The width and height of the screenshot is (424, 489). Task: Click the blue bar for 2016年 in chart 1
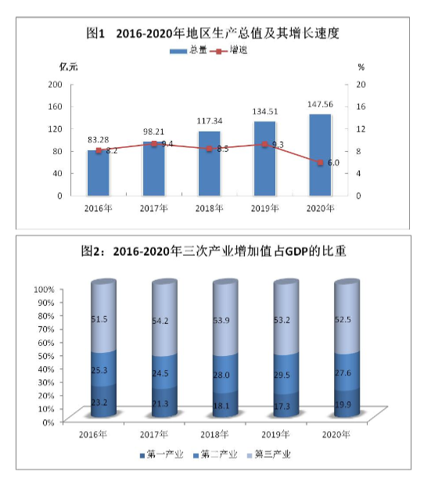(99, 172)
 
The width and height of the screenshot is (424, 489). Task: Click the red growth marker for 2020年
(321, 162)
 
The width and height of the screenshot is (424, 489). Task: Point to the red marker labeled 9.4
(154, 144)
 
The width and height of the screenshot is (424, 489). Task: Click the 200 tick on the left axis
(55, 84)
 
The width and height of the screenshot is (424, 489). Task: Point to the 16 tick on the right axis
(361, 106)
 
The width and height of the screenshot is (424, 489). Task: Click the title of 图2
(213, 252)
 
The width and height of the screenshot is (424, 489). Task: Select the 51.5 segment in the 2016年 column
(99, 319)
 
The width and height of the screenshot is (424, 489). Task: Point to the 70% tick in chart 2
(44, 329)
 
